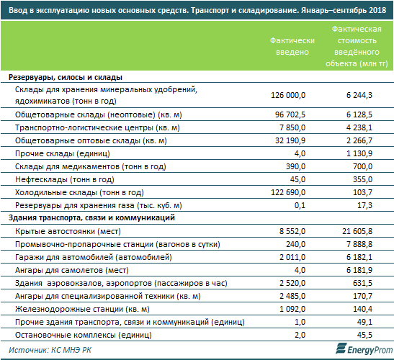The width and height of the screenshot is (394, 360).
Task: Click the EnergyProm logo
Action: pyautogui.click(x=364, y=348)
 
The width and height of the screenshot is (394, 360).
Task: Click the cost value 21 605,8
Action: pyautogui.click(x=357, y=231)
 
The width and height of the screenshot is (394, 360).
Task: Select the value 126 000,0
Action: pyautogui.click(x=288, y=95)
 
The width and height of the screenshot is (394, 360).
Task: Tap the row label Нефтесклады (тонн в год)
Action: pyautogui.click(x=65, y=179)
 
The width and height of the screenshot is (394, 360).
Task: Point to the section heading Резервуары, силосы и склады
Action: pyautogui.click(x=66, y=77)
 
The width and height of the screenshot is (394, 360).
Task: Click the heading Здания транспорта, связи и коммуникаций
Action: pyautogui.click(x=91, y=217)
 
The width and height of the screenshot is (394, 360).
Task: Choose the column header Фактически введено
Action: pyautogui.click(x=292, y=46)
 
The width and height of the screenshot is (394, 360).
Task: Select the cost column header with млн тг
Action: pyautogui.click(x=357, y=46)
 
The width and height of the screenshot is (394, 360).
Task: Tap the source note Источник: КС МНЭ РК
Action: pyautogui.click(x=50, y=350)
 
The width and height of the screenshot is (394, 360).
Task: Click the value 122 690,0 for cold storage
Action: pyautogui.click(x=288, y=192)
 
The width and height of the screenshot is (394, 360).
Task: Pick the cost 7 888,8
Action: pyautogui.click(x=359, y=244)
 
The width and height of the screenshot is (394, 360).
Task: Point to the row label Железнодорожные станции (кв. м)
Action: pyautogui.click(x=82, y=309)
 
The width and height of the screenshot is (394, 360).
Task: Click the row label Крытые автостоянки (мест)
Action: pyautogui.click(x=68, y=231)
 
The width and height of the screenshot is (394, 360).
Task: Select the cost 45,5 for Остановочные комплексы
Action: pyautogui.click(x=364, y=335)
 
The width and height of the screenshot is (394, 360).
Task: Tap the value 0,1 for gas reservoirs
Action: pyautogui.click(x=300, y=205)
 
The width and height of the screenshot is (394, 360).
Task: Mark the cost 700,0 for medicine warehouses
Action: pyautogui.click(x=362, y=166)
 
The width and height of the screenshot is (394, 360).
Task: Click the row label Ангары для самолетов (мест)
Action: pyautogui.click(x=72, y=270)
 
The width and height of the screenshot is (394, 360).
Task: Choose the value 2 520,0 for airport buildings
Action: pyautogui.click(x=292, y=283)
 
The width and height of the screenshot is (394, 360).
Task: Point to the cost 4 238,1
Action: pyautogui.click(x=359, y=127)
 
